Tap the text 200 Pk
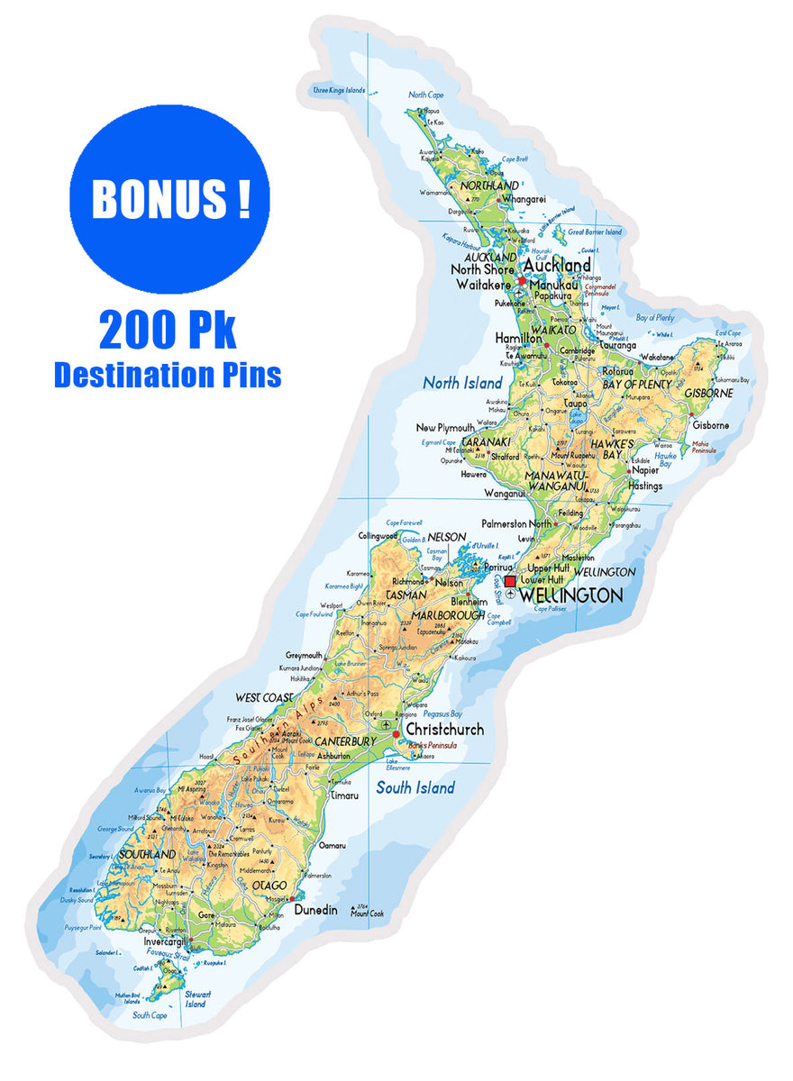[168, 332]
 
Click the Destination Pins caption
[168, 374]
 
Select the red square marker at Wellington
[510, 581]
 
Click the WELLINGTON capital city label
[571, 596]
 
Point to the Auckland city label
[557, 265]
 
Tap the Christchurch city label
[444, 729]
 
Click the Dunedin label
[315, 910]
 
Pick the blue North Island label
[462, 383]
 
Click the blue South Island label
[415, 788]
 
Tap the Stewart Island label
[196, 999]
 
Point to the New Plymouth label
[444, 427]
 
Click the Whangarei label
[524, 199]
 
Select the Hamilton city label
[518, 338]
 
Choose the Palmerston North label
[516, 523]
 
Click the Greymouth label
[304, 655]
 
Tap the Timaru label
[344, 796]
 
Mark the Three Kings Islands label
[339, 90]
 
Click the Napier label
[644, 469]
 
